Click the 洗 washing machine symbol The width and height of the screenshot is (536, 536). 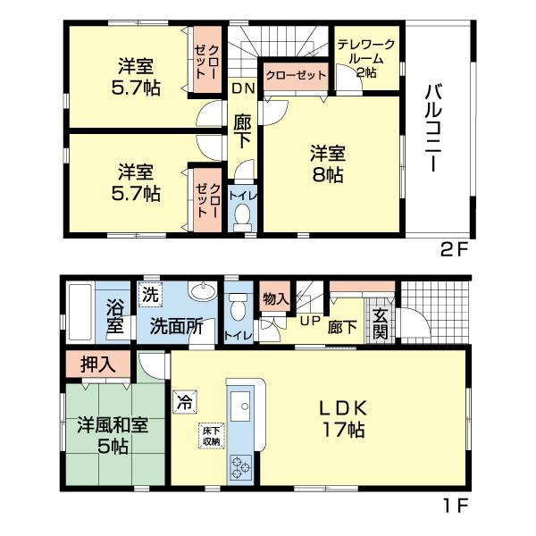(x=148, y=293)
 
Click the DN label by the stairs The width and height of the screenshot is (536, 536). (x=241, y=88)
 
